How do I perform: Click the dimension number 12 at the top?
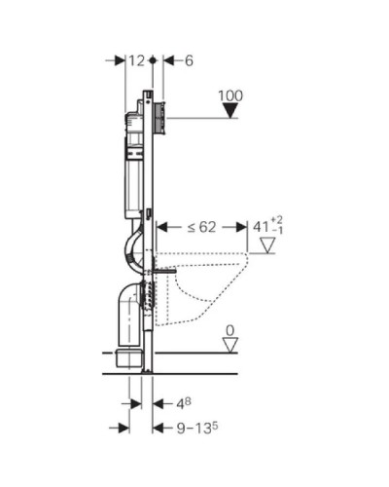(x=137, y=60)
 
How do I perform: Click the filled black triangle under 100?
(x=229, y=112)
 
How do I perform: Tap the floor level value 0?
(x=230, y=330)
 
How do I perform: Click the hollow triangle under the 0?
(x=230, y=345)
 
